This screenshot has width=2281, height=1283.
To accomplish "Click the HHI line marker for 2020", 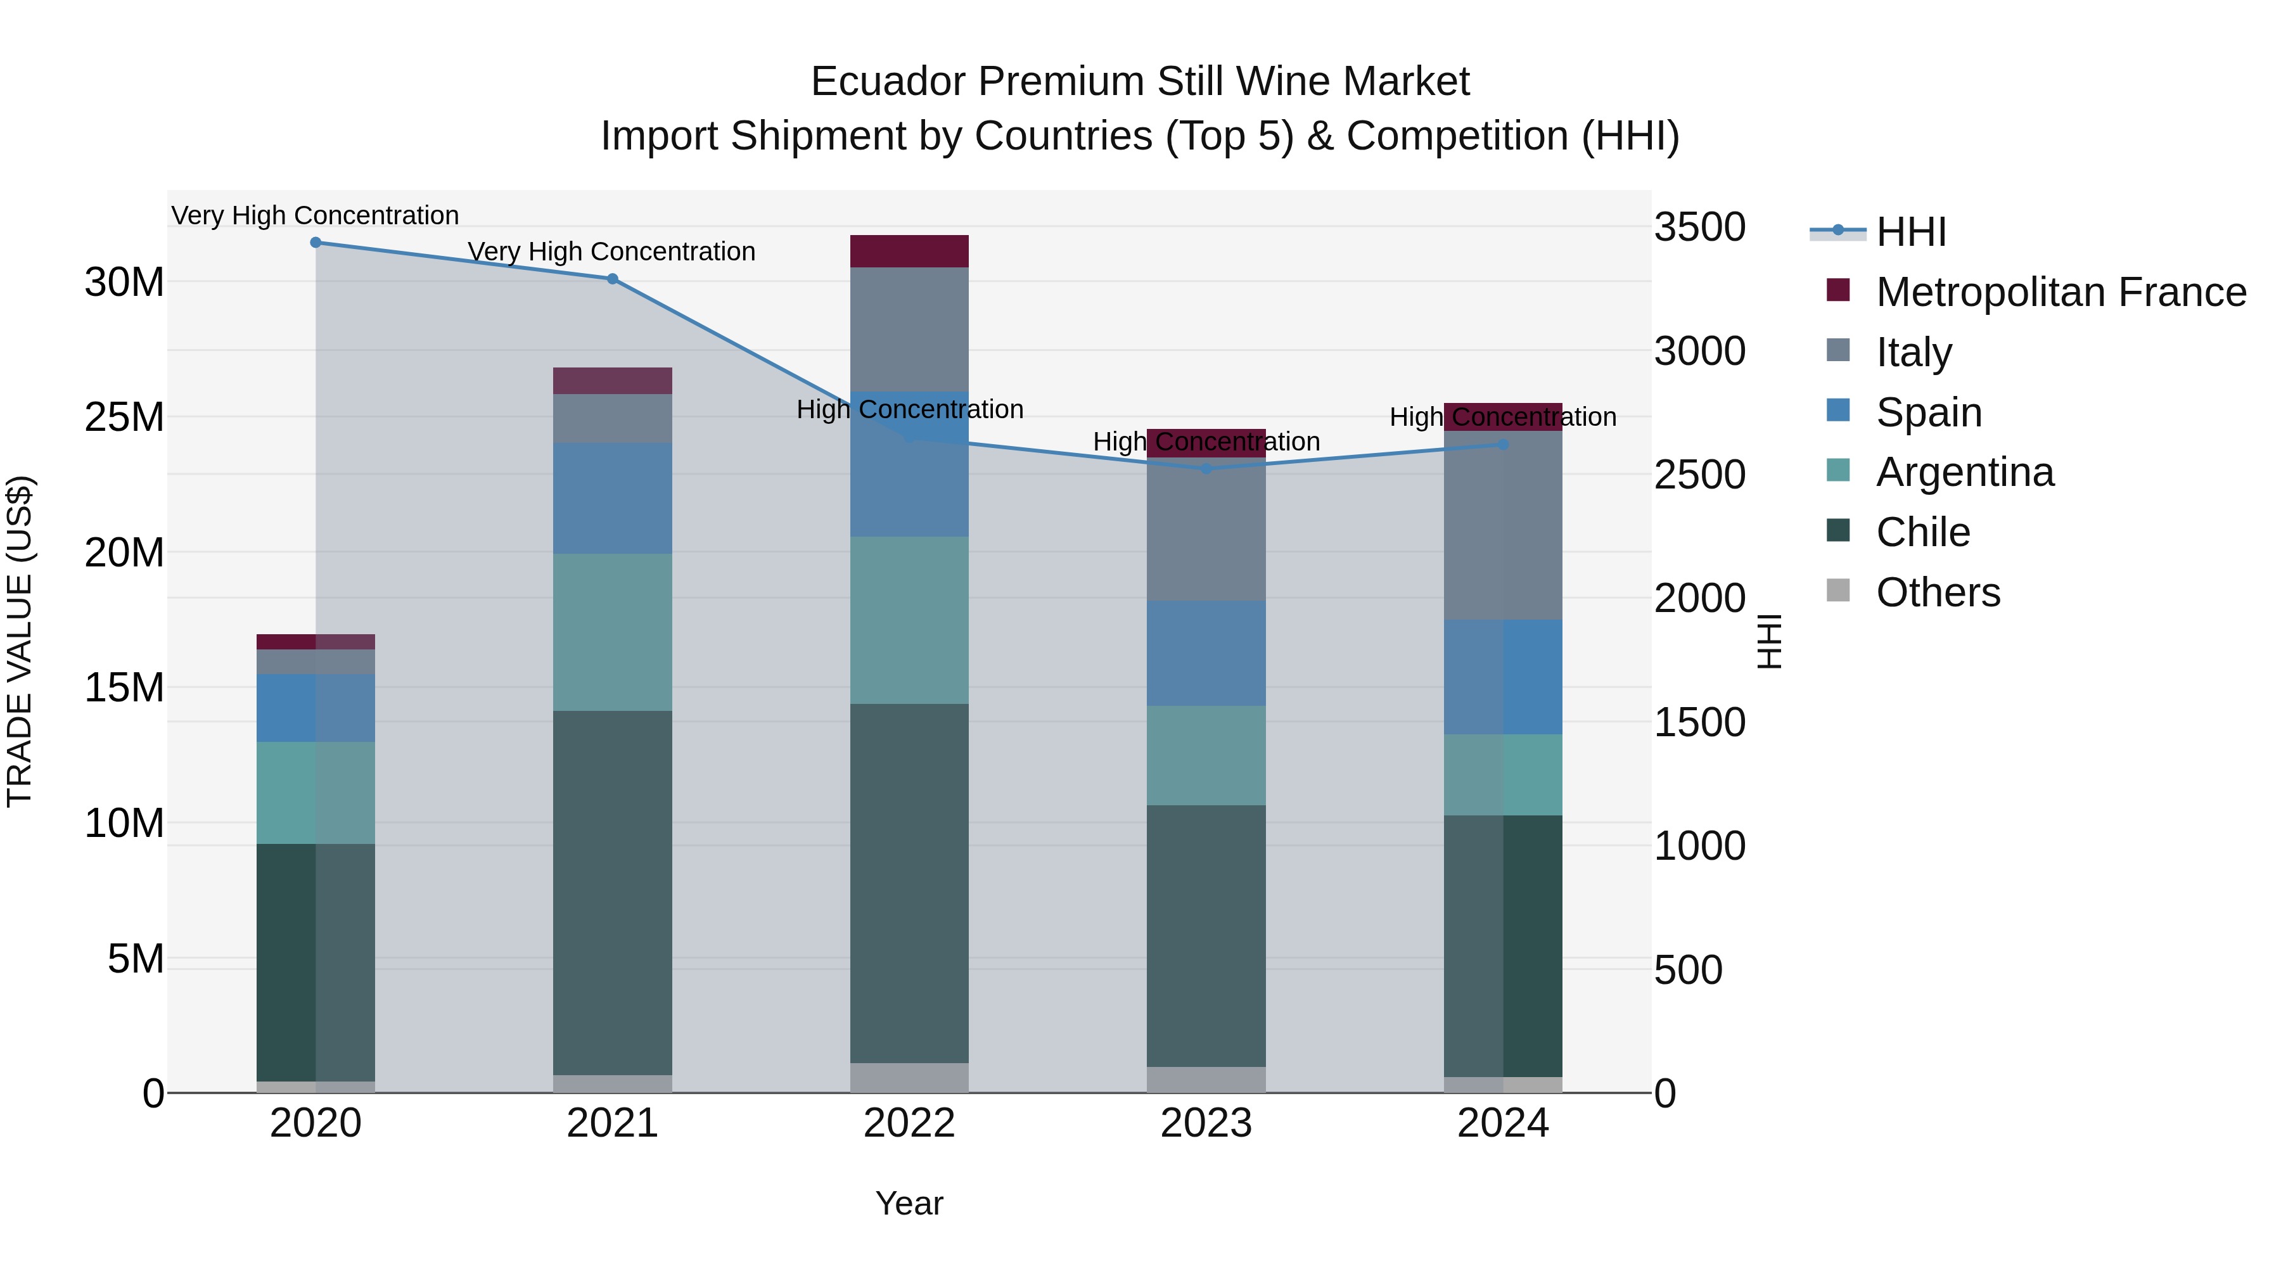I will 316,243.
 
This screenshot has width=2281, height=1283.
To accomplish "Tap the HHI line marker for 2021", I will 612,279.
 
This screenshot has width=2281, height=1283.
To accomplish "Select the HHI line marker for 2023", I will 1206,468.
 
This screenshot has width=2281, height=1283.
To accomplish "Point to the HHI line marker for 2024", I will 1503,445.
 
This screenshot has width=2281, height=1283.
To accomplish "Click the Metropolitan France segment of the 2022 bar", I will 909,252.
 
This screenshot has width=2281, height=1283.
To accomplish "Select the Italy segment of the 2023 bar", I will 1206,532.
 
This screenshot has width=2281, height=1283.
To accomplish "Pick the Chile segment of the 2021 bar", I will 612,893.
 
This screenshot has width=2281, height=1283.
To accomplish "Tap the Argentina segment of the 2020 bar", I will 316,793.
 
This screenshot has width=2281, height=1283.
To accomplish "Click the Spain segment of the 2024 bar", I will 1503,677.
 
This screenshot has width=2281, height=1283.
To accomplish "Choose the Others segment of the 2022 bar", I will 909,1078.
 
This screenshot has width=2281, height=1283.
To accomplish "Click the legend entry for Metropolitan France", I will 2061,292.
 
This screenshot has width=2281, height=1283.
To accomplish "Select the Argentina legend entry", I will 1965,472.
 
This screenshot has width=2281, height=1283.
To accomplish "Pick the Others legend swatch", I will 1838,590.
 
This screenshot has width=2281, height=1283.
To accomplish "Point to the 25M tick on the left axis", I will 125,417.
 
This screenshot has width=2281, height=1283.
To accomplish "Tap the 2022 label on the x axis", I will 909,1123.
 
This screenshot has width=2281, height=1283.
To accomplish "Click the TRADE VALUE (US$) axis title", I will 20,641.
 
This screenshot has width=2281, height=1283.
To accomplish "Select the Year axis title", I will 909,1203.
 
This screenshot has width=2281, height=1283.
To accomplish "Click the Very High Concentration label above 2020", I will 316,215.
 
